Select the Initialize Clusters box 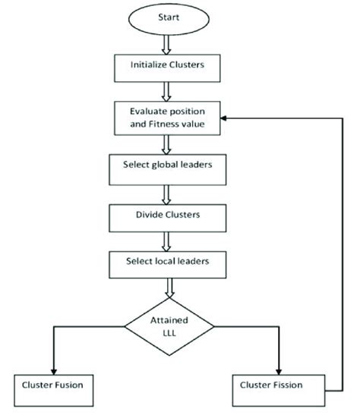[x=167, y=66]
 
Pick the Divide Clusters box [x=167, y=215]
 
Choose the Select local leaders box [x=167, y=262]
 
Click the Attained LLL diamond [x=169, y=326]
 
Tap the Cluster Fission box [x=272, y=385]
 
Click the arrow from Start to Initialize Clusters [x=168, y=46]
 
